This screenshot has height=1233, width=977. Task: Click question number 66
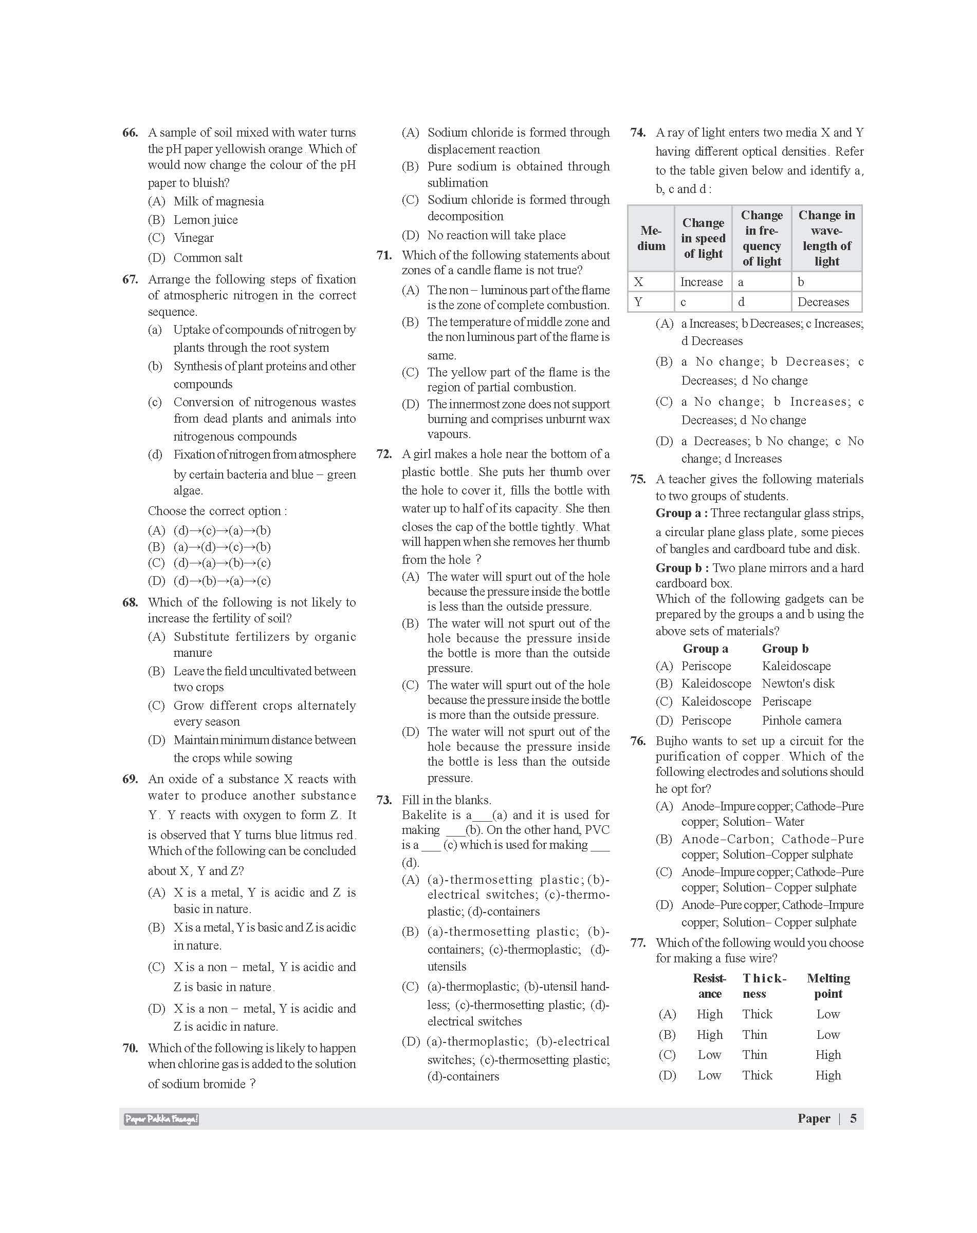click(x=130, y=132)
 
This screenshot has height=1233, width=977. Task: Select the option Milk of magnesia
click(x=218, y=201)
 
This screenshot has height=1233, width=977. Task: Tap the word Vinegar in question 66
click(x=193, y=238)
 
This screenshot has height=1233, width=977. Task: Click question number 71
click(x=384, y=256)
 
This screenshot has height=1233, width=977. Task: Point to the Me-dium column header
click(x=651, y=238)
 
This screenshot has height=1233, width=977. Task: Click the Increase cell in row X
click(x=702, y=282)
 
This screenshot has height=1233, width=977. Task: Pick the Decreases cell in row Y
click(x=823, y=302)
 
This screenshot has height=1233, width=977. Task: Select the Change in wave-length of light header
click(x=826, y=238)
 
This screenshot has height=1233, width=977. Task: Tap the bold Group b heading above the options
click(x=785, y=649)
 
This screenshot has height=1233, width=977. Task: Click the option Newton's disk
click(x=798, y=684)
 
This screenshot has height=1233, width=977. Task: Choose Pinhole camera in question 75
click(x=801, y=721)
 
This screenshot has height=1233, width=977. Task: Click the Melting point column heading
click(x=828, y=986)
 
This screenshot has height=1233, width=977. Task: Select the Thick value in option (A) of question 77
click(x=758, y=1015)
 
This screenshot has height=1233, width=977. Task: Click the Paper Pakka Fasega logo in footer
click(x=161, y=1119)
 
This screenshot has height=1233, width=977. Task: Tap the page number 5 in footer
click(x=853, y=1118)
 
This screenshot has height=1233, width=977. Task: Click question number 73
click(x=384, y=800)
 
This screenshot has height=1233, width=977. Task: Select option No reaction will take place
click(x=496, y=236)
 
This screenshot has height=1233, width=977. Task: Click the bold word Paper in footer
click(x=814, y=1118)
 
